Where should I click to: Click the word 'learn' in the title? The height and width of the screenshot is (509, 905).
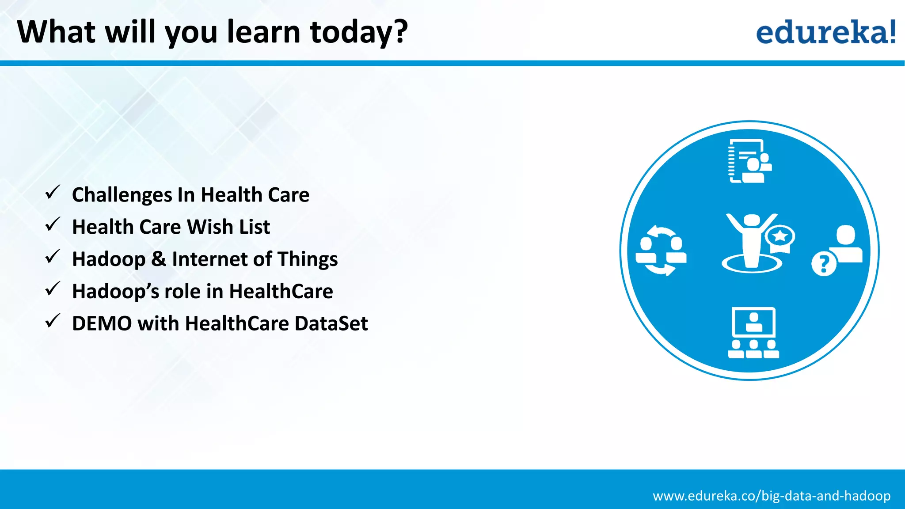point(263,32)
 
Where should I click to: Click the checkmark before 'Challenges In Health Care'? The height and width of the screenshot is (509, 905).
point(53,193)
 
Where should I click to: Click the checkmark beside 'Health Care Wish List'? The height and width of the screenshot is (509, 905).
point(53,224)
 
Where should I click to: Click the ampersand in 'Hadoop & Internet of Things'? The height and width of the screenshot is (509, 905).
point(159,259)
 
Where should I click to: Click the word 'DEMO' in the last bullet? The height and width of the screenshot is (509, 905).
point(102,323)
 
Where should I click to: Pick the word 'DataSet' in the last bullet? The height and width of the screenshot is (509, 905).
point(331,323)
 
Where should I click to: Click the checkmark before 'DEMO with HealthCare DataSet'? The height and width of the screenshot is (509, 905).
point(53,321)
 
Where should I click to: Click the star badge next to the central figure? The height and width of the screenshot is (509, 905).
point(780,238)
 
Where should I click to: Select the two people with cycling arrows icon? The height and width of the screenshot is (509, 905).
point(661,251)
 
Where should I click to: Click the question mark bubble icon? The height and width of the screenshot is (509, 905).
point(824,264)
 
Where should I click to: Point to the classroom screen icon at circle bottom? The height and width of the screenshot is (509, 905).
point(753,332)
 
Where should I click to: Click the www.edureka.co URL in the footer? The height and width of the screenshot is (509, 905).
point(771,496)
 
